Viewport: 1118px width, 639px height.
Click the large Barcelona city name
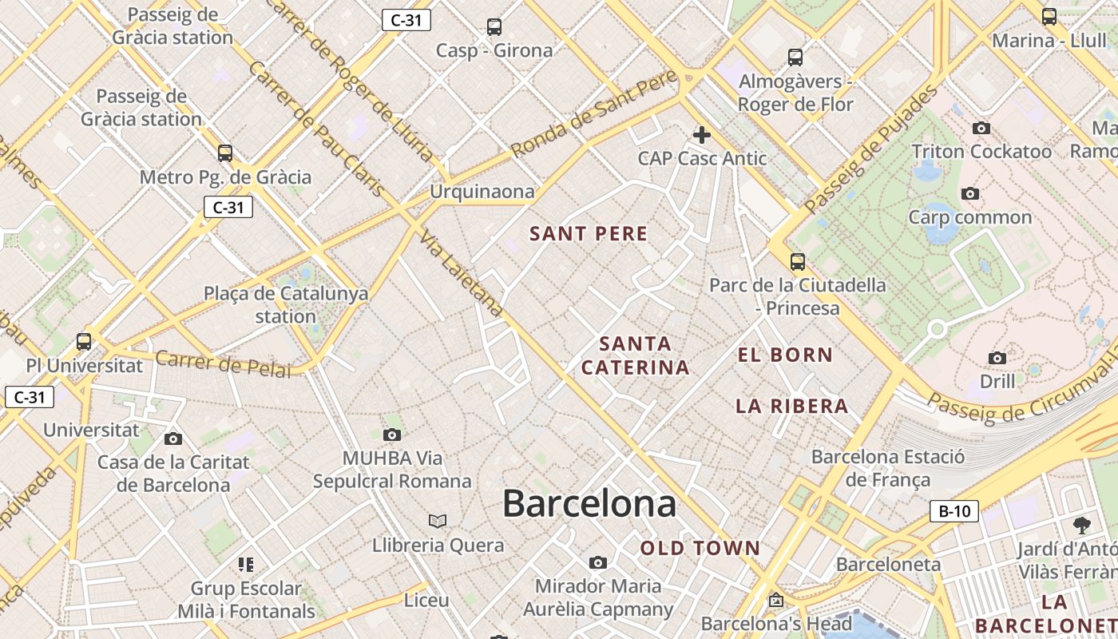tap(589, 504)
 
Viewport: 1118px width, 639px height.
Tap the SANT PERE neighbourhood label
tap(589, 234)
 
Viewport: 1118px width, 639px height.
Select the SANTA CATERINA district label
tap(635, 355)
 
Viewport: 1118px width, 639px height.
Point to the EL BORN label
tap(785, 355)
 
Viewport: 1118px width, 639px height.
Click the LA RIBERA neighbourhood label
tap(791, 406)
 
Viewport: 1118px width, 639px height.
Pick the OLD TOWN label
tap(700, 548)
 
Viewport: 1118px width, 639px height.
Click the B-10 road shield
tap(954, 511)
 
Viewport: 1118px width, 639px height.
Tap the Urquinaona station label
tap(482, 192)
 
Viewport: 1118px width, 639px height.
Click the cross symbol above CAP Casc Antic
tap(702, 135)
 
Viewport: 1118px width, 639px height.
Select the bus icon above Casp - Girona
tap(494, 27)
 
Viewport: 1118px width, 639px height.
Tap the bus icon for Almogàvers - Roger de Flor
tap(795, 58)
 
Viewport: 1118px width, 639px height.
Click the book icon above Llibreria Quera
tap(437, 522)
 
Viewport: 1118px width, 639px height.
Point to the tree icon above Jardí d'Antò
tap(1082, 526)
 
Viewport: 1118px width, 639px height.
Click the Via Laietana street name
tap(462, 274)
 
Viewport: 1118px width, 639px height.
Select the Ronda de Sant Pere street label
tap(594, 113)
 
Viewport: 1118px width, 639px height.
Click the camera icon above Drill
tap(997, 358)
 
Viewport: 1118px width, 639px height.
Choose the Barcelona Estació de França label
tap(888, 468)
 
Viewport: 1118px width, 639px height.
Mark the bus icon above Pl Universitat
tap(84, 342)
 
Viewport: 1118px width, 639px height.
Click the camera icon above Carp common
tap(970, 194)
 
